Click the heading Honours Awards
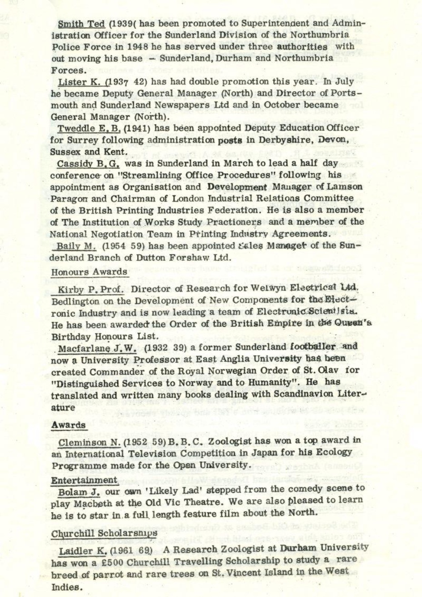(x=89, y=272)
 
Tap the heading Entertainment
(x=84, y=480)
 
